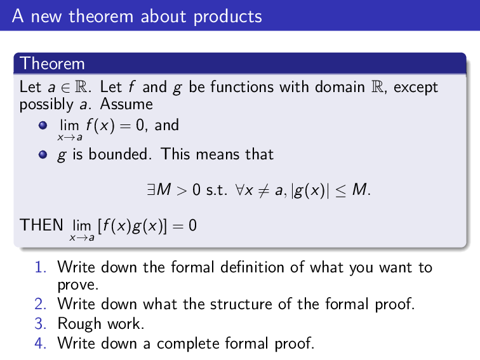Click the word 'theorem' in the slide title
coord(97,16)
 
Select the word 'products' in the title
coord(227,17)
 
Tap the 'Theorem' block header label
coord(52,63)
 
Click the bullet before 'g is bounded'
coord(43,154)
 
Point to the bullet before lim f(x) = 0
coord(43,126)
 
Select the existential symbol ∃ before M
coord(150,189)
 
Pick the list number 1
coord(39,267)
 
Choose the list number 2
coord(39,304)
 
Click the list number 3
coord(39,324)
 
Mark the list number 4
coord(39,343)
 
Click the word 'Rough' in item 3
coord(79,324)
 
